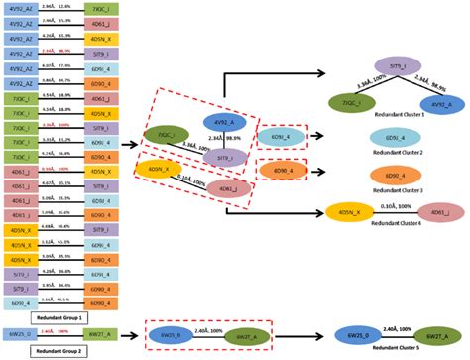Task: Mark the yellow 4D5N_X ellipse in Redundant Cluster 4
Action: tap(350, 212)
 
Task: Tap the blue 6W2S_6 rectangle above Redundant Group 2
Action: tap(21, 335)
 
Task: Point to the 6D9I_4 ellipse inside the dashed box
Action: tap(275, 136)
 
